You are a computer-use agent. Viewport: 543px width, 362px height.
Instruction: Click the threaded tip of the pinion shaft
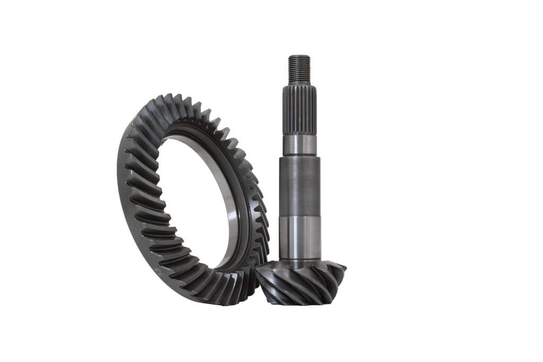[300, 69]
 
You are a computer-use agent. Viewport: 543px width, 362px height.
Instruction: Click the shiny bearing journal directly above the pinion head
[300, 236]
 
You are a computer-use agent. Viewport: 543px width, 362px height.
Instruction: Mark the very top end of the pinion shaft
[300, 54]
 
